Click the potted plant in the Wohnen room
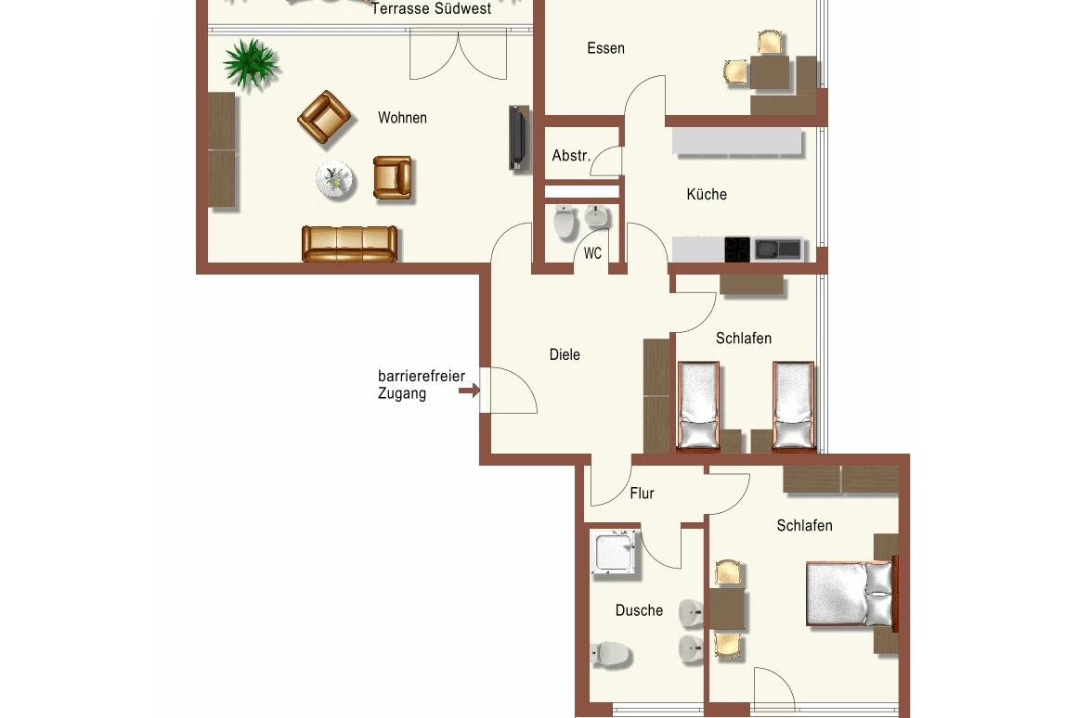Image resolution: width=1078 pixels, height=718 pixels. click(251, 64)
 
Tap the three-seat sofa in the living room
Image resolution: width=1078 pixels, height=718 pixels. click(349, 244)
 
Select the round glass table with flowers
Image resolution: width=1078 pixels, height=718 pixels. click(335, 180)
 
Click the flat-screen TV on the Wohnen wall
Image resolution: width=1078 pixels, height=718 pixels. click(518, 137)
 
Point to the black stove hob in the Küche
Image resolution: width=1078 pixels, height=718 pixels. click(737, 250)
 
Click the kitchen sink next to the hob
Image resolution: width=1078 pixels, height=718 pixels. click(777, 249)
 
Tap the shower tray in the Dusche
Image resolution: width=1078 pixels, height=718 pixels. click(614, 552)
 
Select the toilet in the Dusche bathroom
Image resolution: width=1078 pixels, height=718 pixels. click(611, 653)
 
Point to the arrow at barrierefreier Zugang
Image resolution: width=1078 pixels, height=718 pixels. click(469, 391)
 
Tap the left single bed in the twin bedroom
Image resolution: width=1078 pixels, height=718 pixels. click(699, 405)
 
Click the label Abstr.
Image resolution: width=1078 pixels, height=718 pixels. click(571, 156)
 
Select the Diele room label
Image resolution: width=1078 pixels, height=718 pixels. click(565, 354)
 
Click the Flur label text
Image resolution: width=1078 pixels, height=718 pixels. click(643, 494)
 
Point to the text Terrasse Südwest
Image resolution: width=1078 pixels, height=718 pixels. click(431, 9)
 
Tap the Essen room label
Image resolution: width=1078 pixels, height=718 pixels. click(605, 48)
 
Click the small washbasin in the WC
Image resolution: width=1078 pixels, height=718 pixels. click(597, 216)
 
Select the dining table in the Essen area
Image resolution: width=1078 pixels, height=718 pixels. click(770, 72)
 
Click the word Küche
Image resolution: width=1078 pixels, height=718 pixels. click(707, 195)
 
